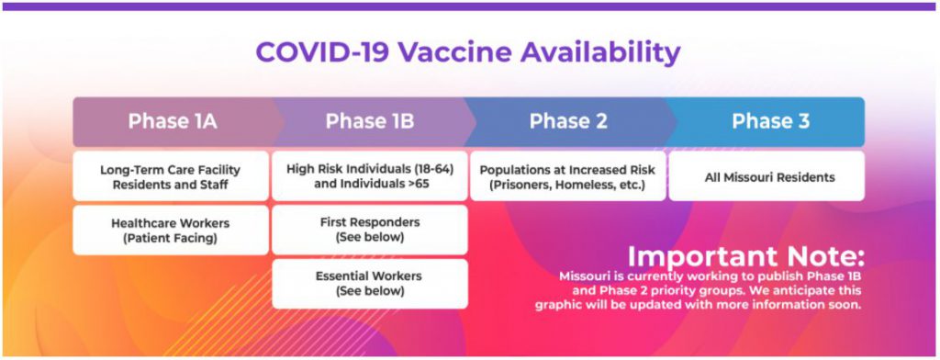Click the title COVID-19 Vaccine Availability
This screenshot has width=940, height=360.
pos(468,52)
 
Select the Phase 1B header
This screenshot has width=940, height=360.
pos(370,122)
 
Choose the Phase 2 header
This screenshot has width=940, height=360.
pos(568,122)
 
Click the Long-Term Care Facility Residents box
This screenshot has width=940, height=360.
pos(171,176)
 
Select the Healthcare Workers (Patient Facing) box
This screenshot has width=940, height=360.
pos(171,230)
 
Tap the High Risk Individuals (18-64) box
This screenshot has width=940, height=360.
pos(370,176)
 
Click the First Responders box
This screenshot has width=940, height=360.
pos(370,230)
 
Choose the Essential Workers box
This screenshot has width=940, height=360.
pos(370,284)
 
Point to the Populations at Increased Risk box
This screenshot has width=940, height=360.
pos(567,176)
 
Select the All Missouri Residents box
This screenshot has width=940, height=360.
pos(767,176)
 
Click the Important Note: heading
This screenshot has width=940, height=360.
pos(745,257)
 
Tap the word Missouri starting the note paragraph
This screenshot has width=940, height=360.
pos(581,276)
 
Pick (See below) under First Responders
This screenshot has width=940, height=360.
pos(370,238)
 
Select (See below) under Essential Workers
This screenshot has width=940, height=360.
pos(370,292)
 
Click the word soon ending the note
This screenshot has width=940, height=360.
pos(846,305)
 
